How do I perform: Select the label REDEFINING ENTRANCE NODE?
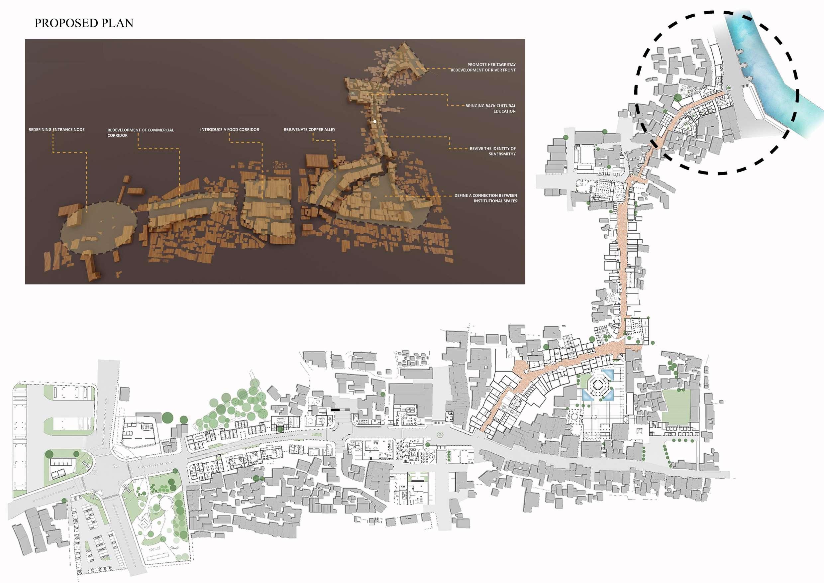tap(56, 130)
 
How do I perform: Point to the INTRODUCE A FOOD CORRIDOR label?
tap(229, 130)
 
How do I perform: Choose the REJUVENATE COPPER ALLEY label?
tap(309, 130)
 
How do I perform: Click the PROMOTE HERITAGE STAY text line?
tap(491, 64)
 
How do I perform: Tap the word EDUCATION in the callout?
tap(504, 111)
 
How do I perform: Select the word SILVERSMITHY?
tap(502, 154)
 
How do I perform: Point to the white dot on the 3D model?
tap(375, 121)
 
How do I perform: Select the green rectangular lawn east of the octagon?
tap(676, 406)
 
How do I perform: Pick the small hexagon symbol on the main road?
tap(440, 435)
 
